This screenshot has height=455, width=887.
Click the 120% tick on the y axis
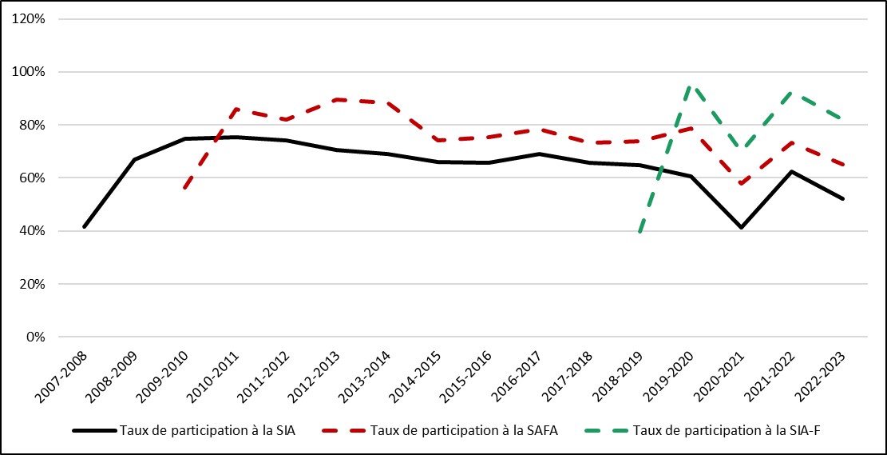(x=30, y=18)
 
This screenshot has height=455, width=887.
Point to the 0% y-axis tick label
(x=35, y=337)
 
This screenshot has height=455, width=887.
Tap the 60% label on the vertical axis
(x=33, y=178)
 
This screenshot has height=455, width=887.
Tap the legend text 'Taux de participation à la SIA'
(x=207, y=430)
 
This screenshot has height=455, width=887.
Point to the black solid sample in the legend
(x=93, y=430)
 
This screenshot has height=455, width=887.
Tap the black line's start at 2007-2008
(x=84, y=227)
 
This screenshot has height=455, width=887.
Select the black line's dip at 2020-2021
(x=741, y=228)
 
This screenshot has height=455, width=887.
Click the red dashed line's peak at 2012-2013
(x=337, y=99)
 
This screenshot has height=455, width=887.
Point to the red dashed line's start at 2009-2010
(x=185, y=188)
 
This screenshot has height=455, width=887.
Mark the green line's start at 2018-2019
(x=640, y=232)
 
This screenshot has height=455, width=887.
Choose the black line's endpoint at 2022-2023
(x=842, y=198)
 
